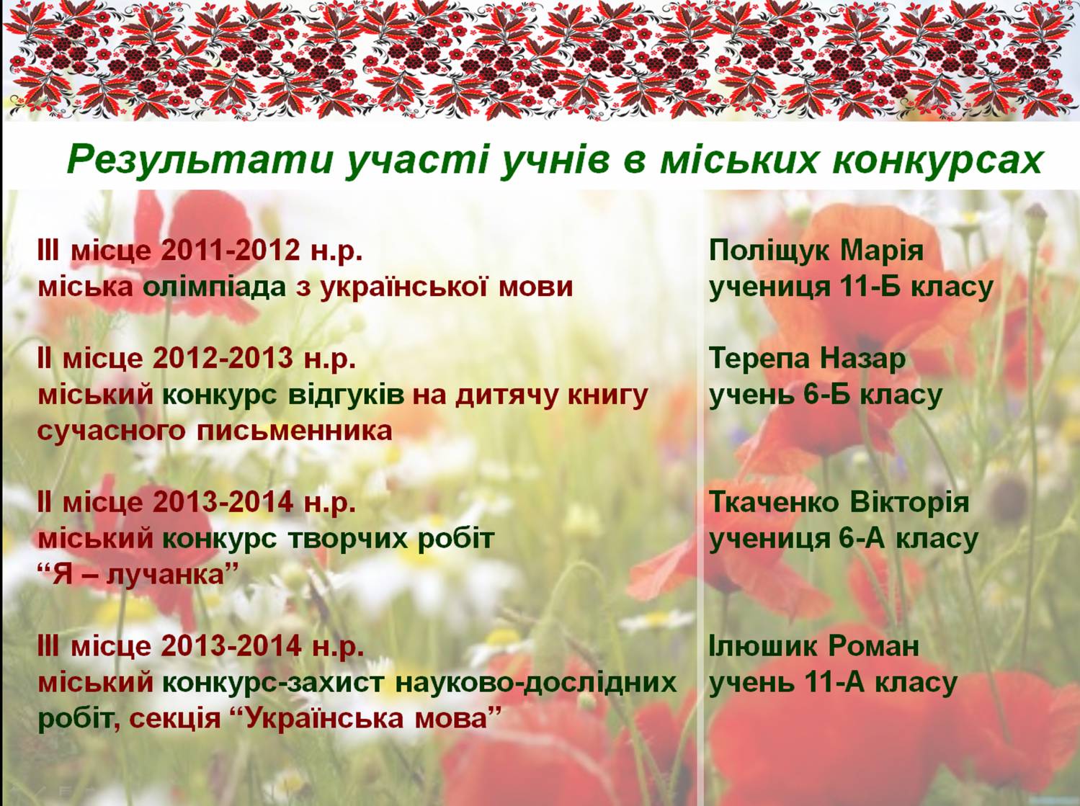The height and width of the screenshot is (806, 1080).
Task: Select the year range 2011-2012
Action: pyautogui.click(x=231, y=251)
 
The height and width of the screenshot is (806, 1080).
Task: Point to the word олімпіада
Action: pyautogui.click(x=215, y=287)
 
